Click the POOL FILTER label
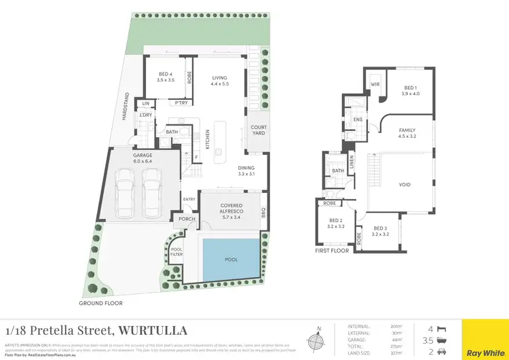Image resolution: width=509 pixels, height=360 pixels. point(176,252)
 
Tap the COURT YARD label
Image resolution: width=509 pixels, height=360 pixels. point(259,130)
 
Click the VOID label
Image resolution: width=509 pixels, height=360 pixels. point(405,184)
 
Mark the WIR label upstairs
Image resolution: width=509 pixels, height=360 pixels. point(374,85)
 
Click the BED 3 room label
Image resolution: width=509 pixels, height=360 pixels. point(380,231)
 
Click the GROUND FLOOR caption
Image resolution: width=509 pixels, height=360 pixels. point(102,303)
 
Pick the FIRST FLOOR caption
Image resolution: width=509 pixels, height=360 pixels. point(332,250)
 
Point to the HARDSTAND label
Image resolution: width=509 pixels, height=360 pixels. point(125,107)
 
